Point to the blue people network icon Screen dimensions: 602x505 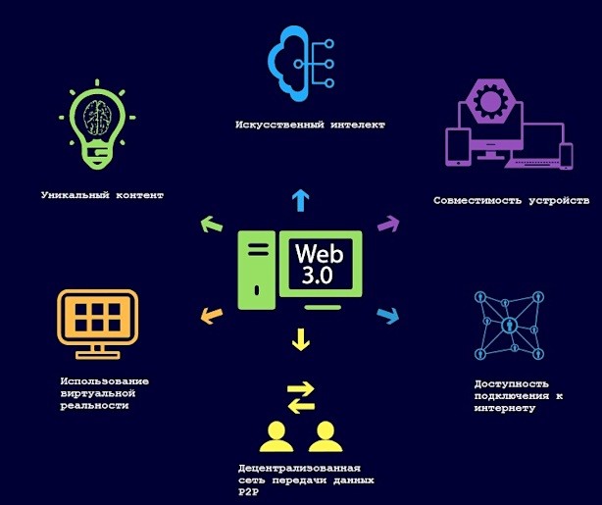(x=510, y=326)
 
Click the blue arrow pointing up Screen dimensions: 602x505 (x=301, y=200)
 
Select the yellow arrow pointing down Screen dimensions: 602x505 (x=301, y=339)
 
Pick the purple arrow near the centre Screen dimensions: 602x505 (x=388, y=224)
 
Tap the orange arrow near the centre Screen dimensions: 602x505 (x=212, y=316)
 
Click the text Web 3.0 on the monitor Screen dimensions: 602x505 (x=319, y=264)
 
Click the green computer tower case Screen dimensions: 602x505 (x=257, y=270)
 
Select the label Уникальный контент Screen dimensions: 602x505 (x=103, y=195)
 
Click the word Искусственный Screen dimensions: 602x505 (x=279, y=125)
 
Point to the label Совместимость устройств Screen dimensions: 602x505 (x=512, y=200)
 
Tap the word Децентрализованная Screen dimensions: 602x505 (x=299, y=469)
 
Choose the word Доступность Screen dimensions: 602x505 (x=511, y=384)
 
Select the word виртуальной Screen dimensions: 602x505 (x=98, y=393)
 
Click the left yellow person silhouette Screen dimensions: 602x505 (x=276, y=436)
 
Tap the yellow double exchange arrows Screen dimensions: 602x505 (x=301, y=397)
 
